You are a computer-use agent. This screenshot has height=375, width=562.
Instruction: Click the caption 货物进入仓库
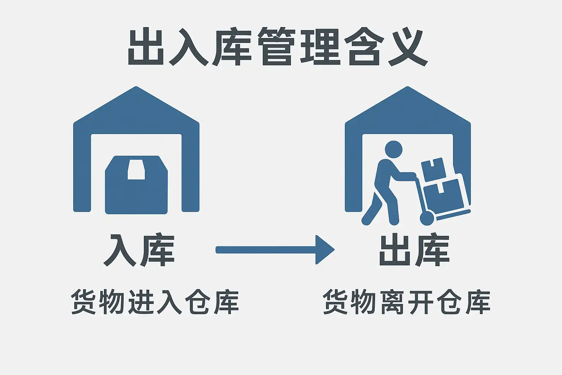155,302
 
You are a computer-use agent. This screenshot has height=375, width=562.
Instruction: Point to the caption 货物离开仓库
406,302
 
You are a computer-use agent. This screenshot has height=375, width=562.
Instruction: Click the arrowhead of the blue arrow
324,250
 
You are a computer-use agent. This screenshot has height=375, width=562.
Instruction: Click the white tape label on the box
136,170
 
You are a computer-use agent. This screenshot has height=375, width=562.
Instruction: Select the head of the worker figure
394,150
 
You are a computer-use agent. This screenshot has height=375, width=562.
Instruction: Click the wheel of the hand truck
427,218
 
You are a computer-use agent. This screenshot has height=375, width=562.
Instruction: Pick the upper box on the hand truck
434,169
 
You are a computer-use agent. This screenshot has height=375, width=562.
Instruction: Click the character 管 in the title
276,47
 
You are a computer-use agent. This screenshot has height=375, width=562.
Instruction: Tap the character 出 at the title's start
146,47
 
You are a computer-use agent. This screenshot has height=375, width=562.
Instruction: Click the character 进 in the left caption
140,302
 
